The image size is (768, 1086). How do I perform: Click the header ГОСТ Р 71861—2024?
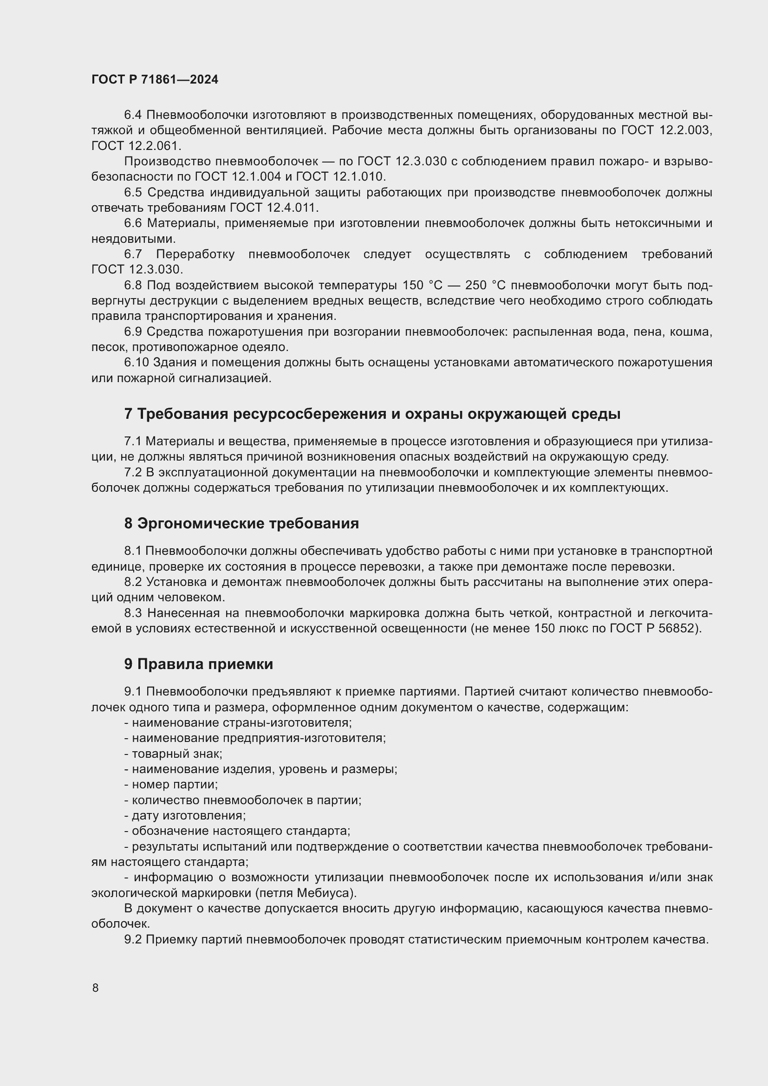[155, 79]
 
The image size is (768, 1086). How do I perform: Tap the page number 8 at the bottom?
[95, 988]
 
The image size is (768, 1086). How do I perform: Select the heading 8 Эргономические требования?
[241, 523]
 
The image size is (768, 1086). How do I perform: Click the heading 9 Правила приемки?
[199, 663]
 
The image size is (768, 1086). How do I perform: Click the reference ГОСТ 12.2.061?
[136, 146]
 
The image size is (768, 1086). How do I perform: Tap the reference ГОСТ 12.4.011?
[274, 208]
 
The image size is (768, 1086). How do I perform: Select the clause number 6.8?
[133, 285]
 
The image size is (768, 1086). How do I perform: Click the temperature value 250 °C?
[486, 285]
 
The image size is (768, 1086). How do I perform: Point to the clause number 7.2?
[133, 473]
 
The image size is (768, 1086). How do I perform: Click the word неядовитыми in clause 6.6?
[126, 239]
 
